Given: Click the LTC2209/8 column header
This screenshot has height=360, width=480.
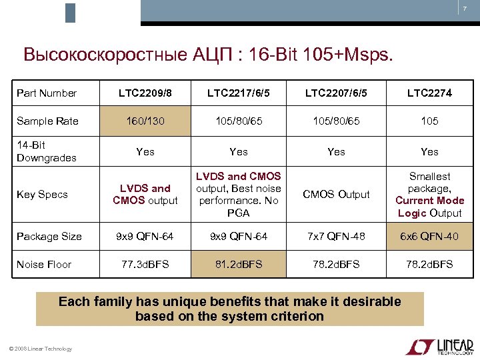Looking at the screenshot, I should pos(145,93).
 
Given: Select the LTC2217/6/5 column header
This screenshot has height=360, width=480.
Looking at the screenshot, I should pos(239,93).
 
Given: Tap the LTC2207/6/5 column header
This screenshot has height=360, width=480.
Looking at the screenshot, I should pos(336,93).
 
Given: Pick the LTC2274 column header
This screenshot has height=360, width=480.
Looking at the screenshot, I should pos(430,93).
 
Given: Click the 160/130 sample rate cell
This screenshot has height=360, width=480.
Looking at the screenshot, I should pos(145,121).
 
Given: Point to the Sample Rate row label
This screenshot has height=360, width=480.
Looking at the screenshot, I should pos(47,121).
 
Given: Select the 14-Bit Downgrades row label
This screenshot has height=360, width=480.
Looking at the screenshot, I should pos(47,151).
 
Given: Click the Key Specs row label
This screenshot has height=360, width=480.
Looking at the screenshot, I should pos(42,195).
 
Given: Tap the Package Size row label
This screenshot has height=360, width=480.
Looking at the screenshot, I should pos(49,237).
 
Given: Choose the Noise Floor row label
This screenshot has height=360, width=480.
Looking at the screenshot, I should pos(44,265).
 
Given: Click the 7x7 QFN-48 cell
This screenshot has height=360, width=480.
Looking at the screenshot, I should pos(336,237).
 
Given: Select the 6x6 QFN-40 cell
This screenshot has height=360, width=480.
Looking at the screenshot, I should pos(430,237).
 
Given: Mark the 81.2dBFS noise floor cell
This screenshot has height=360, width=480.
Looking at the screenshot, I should pos(239,265).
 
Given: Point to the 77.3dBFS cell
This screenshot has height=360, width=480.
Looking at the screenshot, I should pos(145,265).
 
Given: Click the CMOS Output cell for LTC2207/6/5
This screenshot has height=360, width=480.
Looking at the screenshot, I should pos(336,195).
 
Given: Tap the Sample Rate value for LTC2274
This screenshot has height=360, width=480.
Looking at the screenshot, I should pos(430,121).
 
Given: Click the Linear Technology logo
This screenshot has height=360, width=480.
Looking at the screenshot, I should pos(439,347).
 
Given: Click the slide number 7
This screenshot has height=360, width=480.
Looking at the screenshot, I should pos(465,9).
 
